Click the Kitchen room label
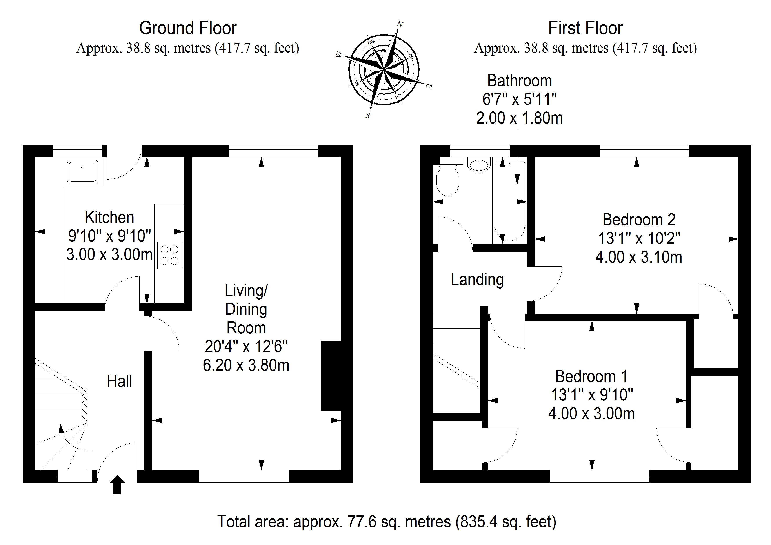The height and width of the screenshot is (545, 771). (x=109, y=217)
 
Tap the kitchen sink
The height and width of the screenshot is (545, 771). (x=83, y=171)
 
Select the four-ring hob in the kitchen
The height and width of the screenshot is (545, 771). (x=169, y=255)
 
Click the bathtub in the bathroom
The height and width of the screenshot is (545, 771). (x=509, y=202)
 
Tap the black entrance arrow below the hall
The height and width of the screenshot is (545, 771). (x=117, y=485)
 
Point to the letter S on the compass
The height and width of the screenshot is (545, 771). (x=368, y=116)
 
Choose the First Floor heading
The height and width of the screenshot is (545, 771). (x=585, y=28)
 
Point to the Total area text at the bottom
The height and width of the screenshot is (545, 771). (x=387, y=521)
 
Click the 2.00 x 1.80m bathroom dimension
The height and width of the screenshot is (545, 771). (x=519, y=118)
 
